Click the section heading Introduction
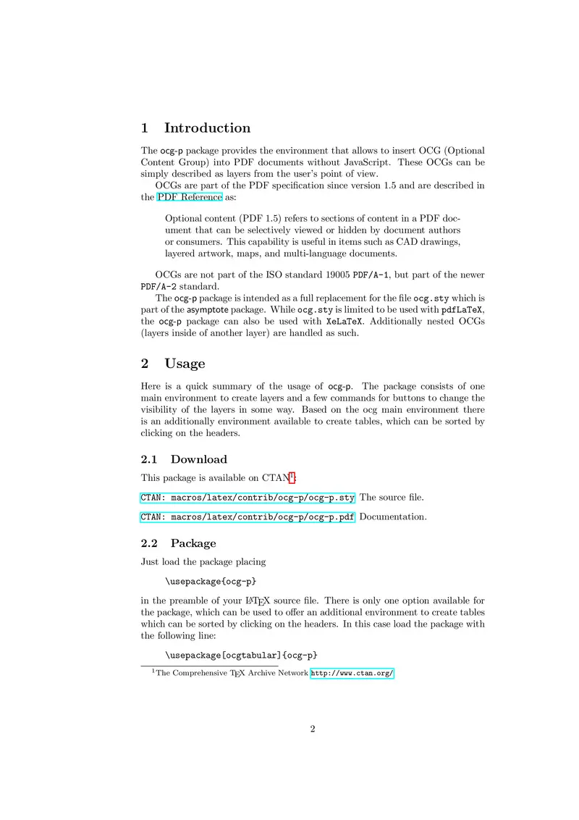207,128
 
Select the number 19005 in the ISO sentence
334,275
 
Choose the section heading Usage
185,364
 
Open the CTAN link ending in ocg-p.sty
248,498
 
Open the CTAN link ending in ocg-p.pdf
248,517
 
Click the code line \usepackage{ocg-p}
211,581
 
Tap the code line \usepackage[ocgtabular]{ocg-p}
241,656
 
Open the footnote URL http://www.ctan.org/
352,674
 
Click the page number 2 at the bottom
313,729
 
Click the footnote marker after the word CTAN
292,475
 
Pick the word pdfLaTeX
462,310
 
